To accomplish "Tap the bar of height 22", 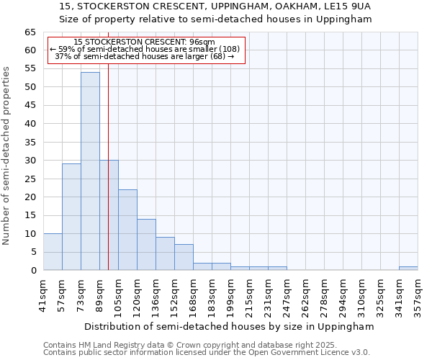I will point(127,230).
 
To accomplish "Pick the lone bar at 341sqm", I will point(408,268).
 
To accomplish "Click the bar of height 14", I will point(146,245).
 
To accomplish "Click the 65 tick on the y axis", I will point(30,32).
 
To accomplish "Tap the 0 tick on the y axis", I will point(32,271).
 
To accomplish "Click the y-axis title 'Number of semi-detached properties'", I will point(6,156).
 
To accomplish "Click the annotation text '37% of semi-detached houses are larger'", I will point(144,56).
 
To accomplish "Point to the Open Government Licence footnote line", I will point(206,352).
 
